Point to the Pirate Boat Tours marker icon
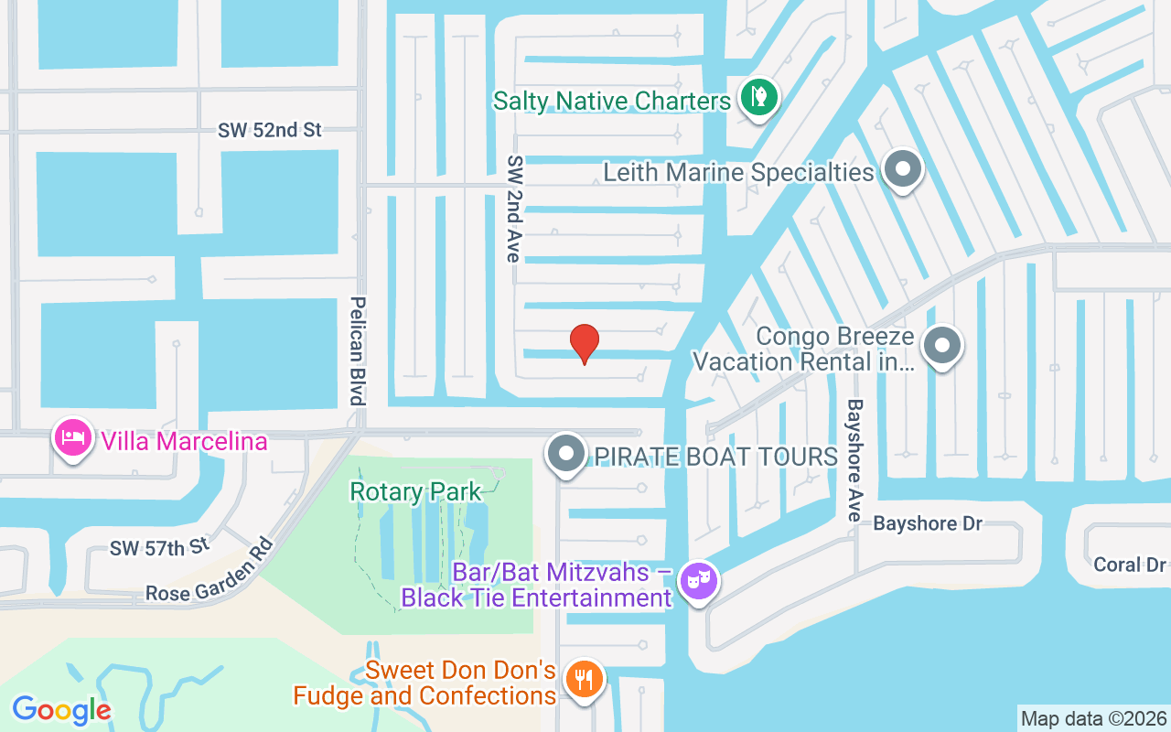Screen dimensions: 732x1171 coord(566,454)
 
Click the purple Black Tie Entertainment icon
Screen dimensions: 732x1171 coord(699,581)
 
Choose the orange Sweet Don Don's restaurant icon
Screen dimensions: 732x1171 coord(583,680)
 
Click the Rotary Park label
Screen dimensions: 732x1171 coord(415,492)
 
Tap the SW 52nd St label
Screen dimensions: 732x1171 coord(270,130)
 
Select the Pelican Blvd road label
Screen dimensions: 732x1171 coord(358,350)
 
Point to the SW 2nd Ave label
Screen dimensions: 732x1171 coord(513,208)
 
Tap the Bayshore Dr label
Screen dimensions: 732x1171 coord(927,523)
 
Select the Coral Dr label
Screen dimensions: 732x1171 coord(1130,565)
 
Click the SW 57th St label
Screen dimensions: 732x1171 coord(159,547)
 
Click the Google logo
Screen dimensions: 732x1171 coord(61,709)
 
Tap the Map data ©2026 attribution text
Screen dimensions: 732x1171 coord(1094,718)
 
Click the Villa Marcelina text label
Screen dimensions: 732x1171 coord(184,442)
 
